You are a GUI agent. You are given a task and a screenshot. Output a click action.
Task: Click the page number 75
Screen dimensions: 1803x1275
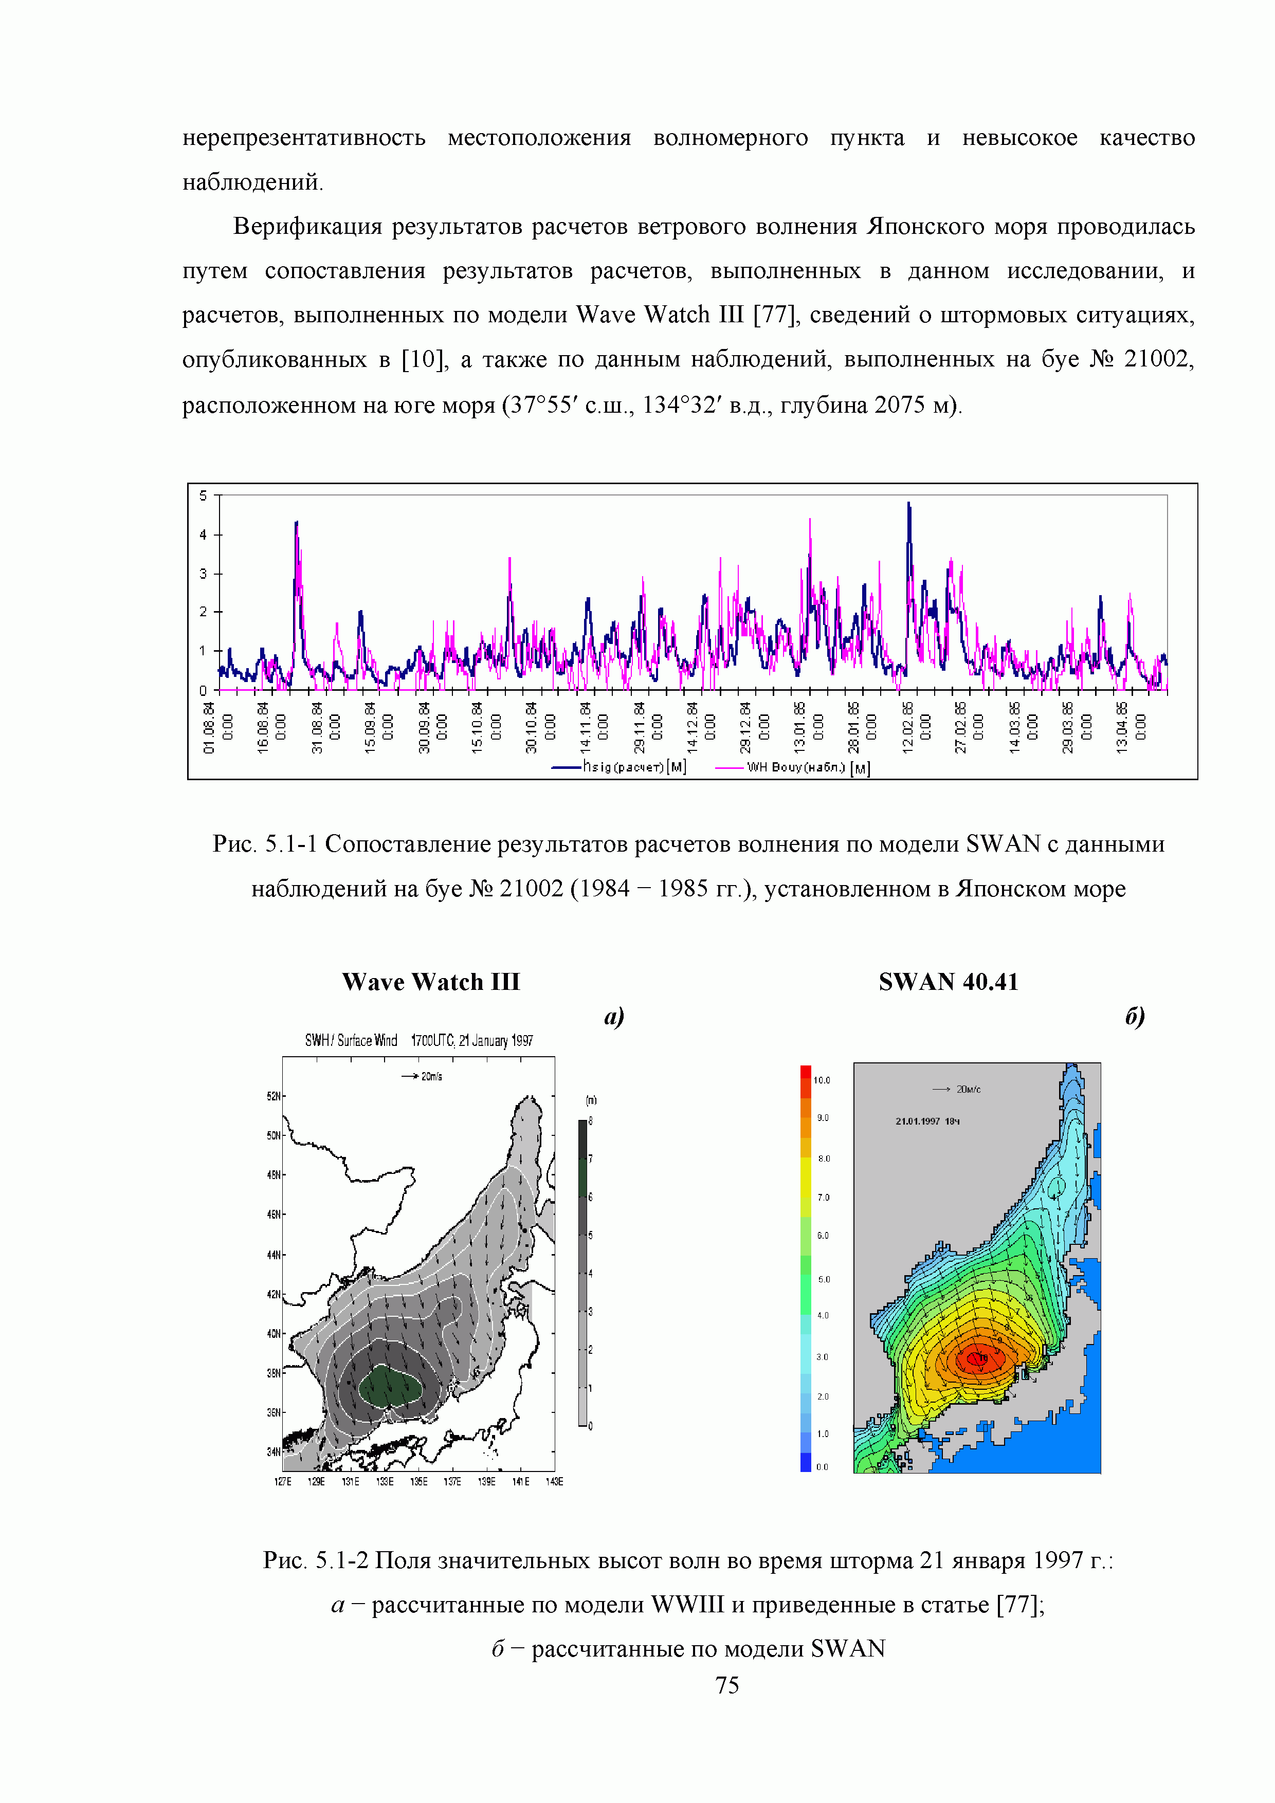tap(726, 1684)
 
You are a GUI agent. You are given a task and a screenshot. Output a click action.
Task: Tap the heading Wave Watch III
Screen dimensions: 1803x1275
tap(430, 982)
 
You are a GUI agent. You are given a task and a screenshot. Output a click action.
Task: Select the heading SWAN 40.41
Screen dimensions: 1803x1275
tap(948, 982)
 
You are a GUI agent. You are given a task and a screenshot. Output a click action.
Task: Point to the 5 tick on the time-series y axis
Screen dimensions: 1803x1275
tap(204, 495)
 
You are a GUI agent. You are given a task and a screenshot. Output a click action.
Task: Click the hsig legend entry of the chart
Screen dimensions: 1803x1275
tap(621, 766)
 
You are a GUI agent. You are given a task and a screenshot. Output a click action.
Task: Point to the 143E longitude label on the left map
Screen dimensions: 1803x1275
tap(554, 1482)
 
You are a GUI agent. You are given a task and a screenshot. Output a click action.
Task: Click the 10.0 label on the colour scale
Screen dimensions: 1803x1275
tap(822, 1080)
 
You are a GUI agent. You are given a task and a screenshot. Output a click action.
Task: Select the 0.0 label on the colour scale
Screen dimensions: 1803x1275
tap(822, 1467)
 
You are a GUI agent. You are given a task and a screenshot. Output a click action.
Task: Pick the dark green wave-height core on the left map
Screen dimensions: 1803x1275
tap(390, 1387)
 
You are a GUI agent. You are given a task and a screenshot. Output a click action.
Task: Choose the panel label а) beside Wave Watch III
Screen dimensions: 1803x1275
tap(613, 1016)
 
